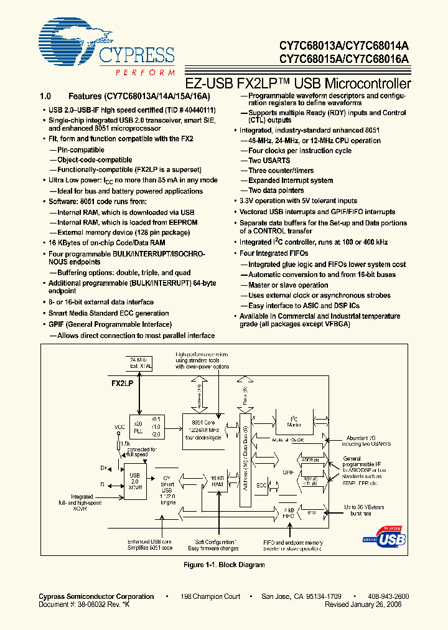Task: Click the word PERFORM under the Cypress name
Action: [x=144, y=73]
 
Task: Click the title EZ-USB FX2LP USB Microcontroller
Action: [x=299, y=83]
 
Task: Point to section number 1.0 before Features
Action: [x=45, y=96]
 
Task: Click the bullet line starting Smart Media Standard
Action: [x=108, y=314]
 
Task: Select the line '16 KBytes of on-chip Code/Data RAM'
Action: [x=106, y=242]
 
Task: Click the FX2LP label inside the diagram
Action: [x=122, y=384]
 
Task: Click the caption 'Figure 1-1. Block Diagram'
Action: [x=224, y=565]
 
